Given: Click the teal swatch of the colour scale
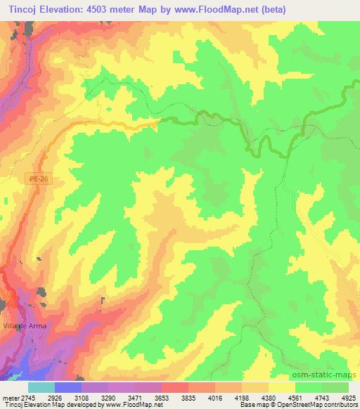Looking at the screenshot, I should [x=41, y=387].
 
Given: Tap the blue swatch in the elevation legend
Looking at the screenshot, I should [x=68, y=387].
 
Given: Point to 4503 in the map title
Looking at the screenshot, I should [x=102, y=8].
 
